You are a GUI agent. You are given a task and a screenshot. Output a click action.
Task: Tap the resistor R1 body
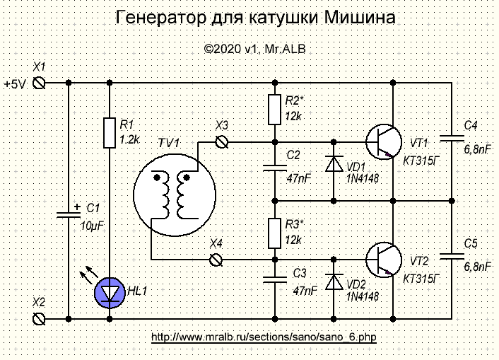[x=109, y=133]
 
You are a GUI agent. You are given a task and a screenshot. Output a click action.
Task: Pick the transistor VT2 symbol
[x=384, y=260]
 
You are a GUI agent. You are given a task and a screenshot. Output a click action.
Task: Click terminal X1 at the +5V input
[x=40, y=83]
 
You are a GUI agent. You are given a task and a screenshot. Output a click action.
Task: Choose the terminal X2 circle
[x=40, y=318]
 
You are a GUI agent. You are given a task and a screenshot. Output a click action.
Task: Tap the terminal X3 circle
[x=225, y=142]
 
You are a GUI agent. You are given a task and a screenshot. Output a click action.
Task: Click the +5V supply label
[x=15, y=83]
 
